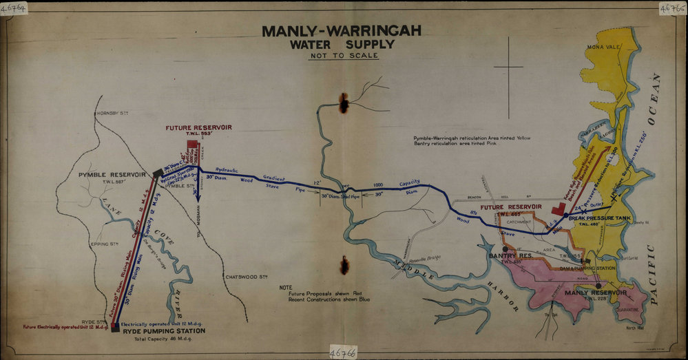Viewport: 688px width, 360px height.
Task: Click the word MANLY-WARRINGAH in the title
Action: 342,31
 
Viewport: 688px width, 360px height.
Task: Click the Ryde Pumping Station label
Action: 163,331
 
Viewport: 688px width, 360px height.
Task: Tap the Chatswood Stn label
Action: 246,277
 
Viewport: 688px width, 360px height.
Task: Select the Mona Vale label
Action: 603,47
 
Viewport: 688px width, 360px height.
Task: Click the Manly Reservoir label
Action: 596,293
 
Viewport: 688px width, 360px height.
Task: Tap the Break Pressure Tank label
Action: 600,218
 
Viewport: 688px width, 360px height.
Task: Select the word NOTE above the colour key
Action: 286,286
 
